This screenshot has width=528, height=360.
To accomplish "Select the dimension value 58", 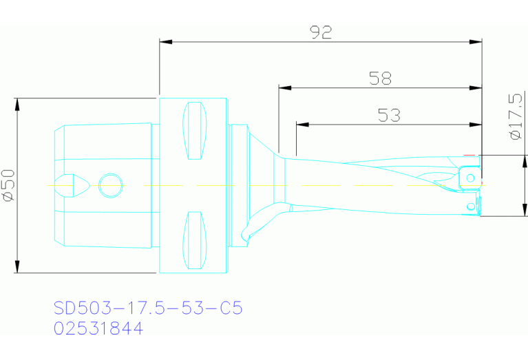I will click(380, 78).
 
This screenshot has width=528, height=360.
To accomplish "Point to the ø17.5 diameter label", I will click(516, 116).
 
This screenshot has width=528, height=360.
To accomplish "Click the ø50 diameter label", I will click(8, 185).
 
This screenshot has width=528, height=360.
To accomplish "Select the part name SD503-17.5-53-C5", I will click(148, 307).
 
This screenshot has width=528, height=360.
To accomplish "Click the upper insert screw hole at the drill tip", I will click(470, 179).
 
